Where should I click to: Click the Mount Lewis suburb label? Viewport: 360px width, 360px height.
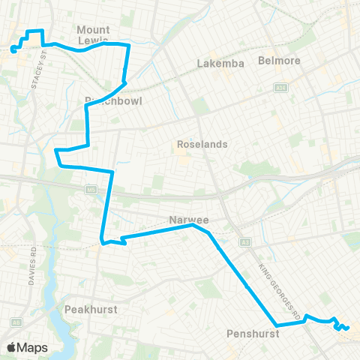point(94,34)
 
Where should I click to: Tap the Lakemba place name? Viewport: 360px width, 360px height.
point(220,64)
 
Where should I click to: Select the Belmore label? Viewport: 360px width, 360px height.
point(278,60)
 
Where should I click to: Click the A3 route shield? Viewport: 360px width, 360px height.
point(244,241)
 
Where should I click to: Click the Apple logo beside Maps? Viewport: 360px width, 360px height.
point(12,347)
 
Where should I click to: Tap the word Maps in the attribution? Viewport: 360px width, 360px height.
point(34,347)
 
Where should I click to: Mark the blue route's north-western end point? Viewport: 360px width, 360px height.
point(13,50)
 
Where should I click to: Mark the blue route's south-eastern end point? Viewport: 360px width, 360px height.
point(349,327)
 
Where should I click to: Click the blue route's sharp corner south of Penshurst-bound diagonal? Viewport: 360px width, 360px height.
point(277,325)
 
